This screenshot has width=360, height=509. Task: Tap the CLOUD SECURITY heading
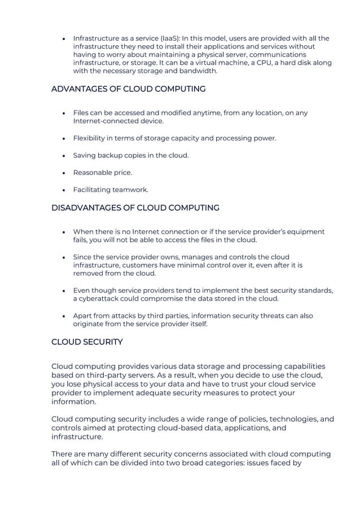[x=87, y=342]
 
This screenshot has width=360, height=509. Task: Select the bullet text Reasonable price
[x=103, y=173]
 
